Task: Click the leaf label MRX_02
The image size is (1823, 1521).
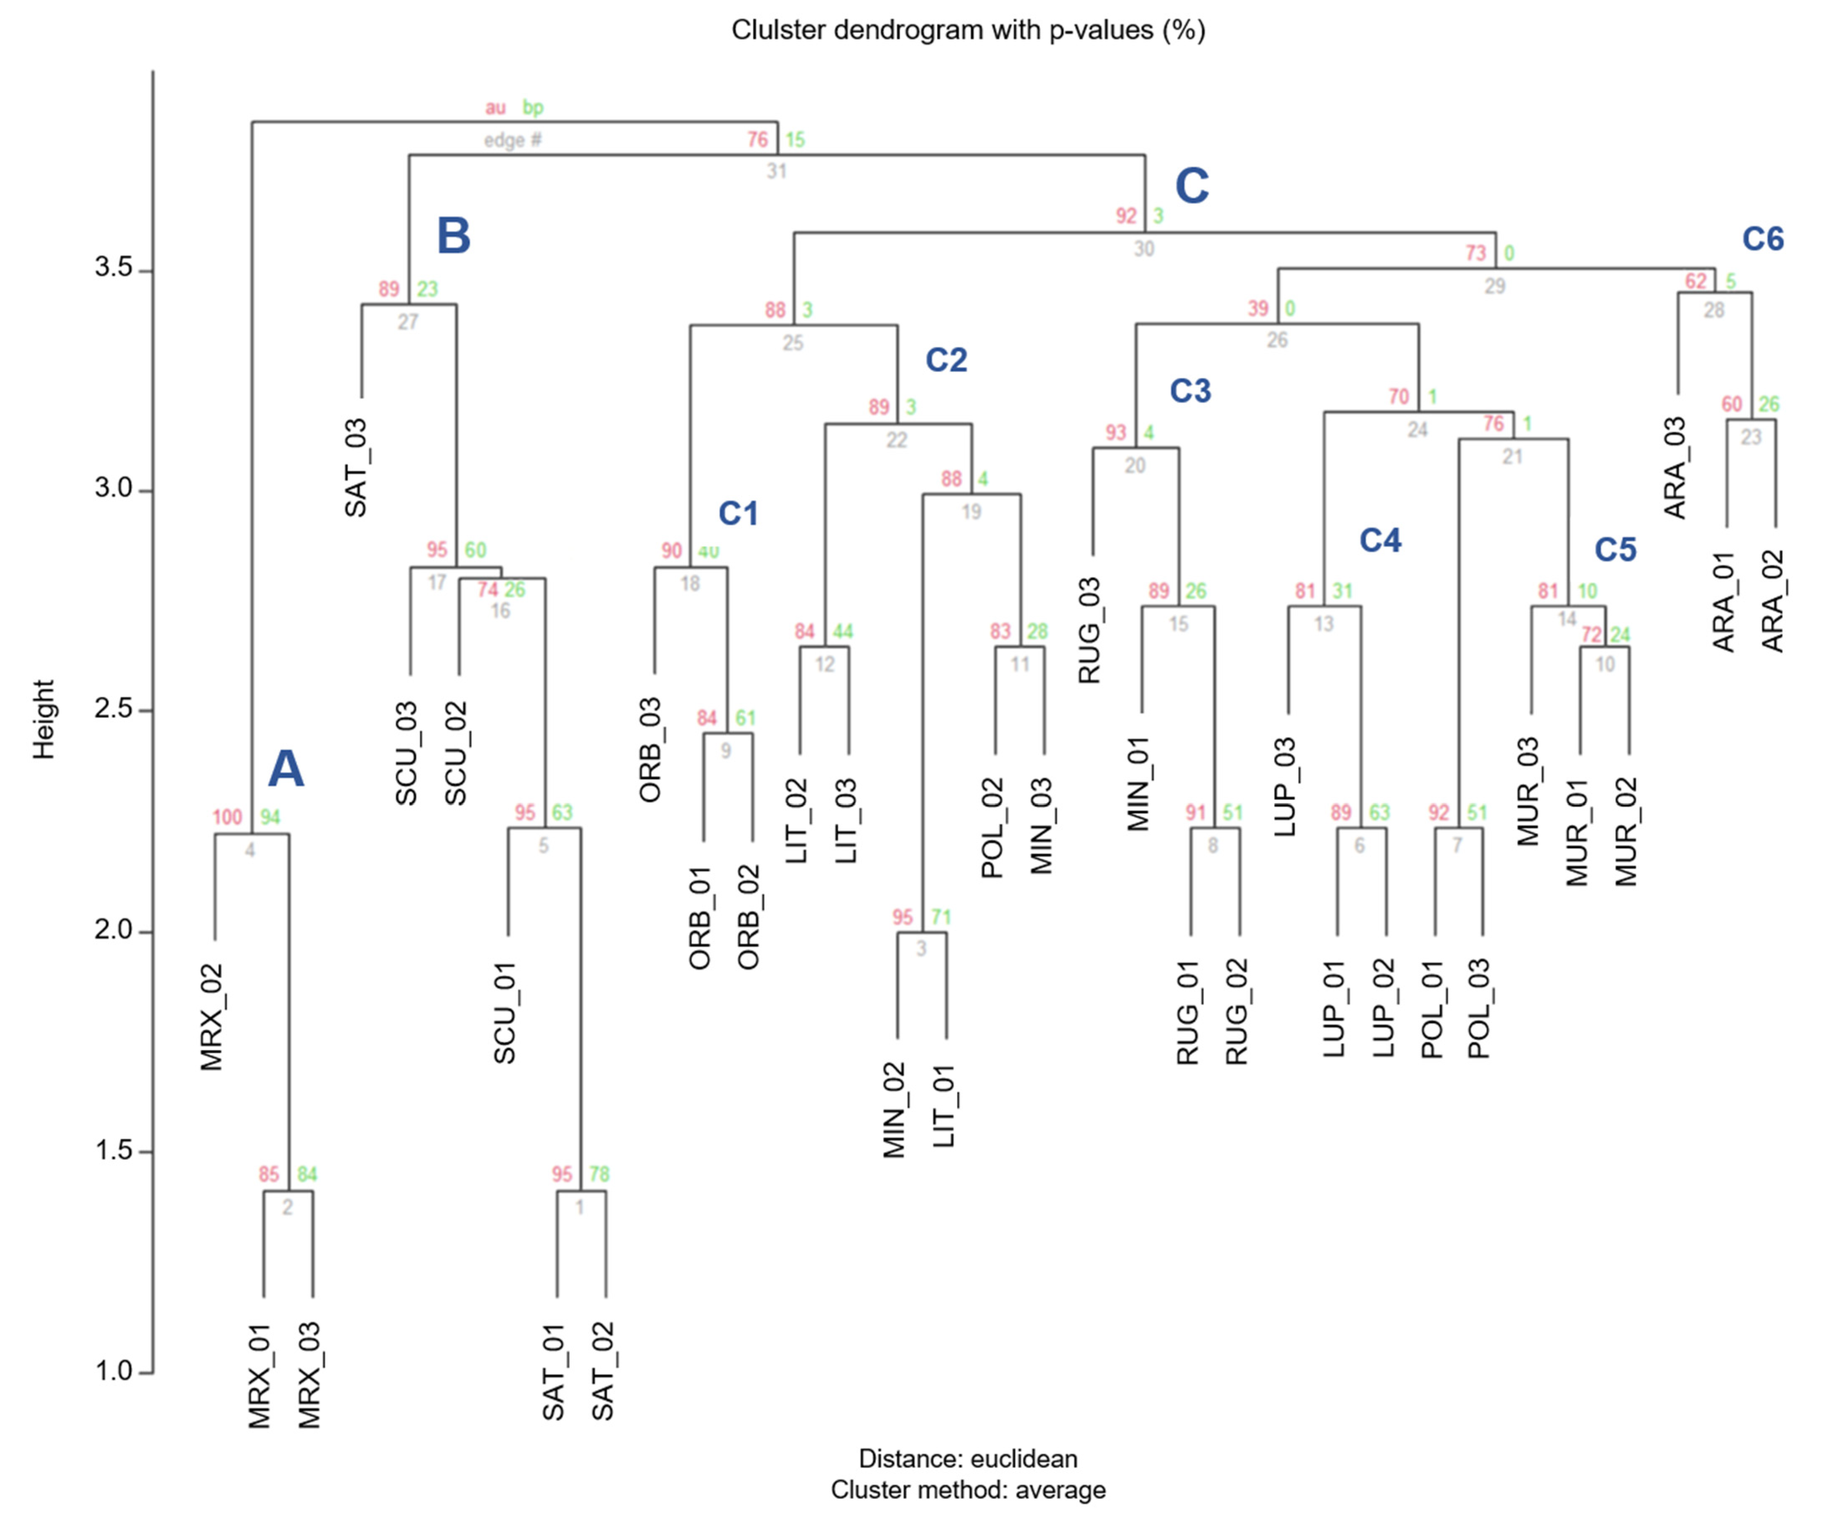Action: pos(213,1017)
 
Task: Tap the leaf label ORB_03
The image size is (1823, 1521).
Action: pos(651,750)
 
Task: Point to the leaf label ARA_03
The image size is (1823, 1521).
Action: pos(1675,468)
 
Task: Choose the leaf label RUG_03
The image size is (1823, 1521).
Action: pos(1090,631)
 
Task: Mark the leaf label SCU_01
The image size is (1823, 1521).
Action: pos(505,1013)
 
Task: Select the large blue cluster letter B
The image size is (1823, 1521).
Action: pos(453,236)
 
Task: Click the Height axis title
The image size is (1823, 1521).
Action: pos(43,720)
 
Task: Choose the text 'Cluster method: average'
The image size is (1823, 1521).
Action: pos(968,1490)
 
